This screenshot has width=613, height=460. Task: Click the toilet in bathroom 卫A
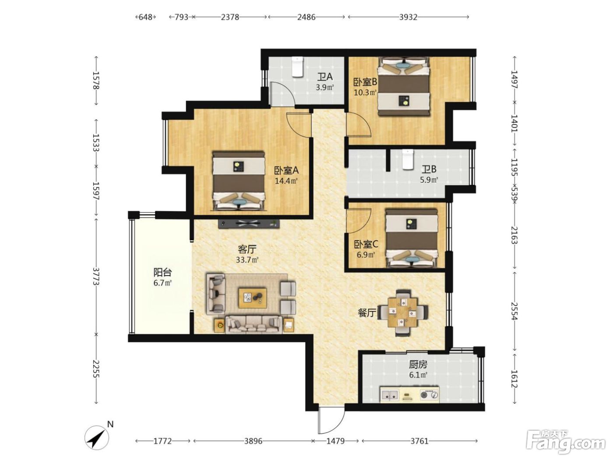[297, 67]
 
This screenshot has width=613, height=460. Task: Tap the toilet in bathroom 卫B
[408, 159]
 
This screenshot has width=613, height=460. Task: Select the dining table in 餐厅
[402, 312]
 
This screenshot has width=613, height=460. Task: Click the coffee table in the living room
[252, 298]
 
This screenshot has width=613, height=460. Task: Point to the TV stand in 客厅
[249, 224]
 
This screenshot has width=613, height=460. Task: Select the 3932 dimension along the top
[408, 17]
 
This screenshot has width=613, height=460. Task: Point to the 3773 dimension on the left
[96, 276]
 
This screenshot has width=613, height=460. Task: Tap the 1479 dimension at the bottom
[335, 441]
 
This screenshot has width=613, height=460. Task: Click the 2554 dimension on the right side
[514, 311]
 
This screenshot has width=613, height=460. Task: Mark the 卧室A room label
[286, 170]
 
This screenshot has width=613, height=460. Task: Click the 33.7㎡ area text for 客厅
[247, 260]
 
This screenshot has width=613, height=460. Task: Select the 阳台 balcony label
[162, 272]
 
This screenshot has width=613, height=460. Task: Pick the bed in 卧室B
[404, 86]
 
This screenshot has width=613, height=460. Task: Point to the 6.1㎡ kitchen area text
[418, 375]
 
